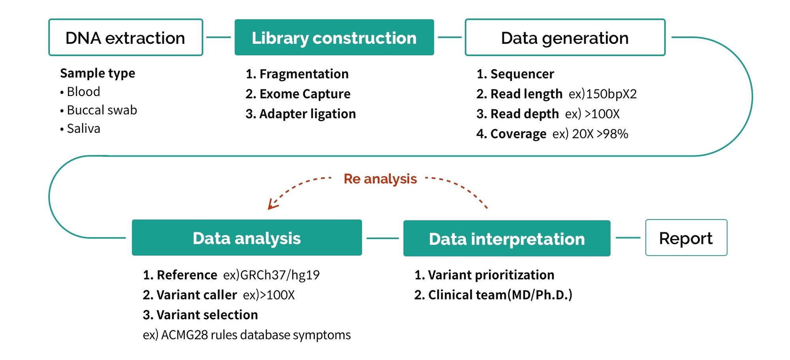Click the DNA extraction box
[x=126, y=38]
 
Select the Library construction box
[x=334, y=38]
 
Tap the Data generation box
[x=565, y=38]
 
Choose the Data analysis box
[x=246, y=238]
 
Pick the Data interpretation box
[x=506, y=238]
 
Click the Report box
[x=686, y=238]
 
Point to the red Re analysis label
[x=380, y=179]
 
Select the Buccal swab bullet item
[x=102, y=110]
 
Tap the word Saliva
[x=83, y=128]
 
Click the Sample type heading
[x=98, y=73]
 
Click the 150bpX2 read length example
[x=611, y=94]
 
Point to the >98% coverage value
[x=612, y=134]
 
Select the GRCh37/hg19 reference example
[x=280, y=275]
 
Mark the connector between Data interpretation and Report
[x=628, y=238]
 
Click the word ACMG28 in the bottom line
[x=184, y=335]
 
